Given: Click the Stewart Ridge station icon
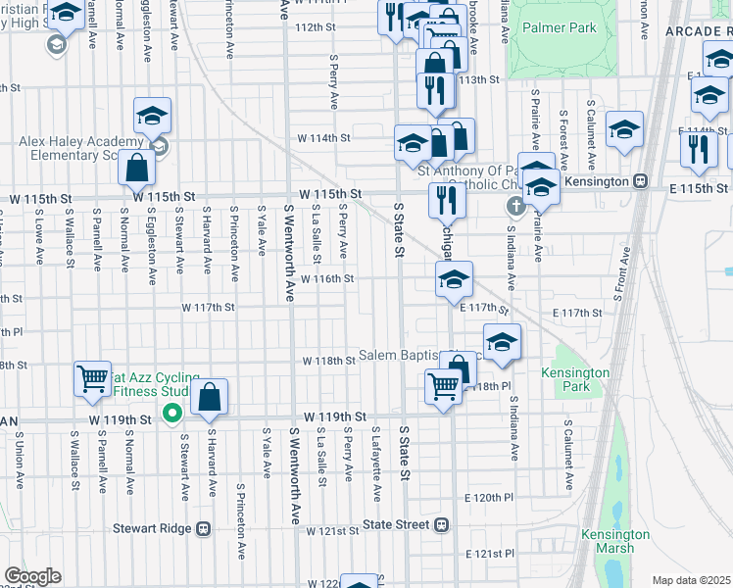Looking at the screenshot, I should [205, 527].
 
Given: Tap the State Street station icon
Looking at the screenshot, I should [442, 525].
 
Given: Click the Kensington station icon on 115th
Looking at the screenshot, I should [641, 181].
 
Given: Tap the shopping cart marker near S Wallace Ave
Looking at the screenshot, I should [92, 378].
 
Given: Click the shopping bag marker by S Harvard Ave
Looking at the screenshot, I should [210, 397].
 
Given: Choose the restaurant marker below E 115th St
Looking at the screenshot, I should [447, 200].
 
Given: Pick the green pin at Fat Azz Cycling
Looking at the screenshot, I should [172, 415].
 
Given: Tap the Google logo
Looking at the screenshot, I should [32, 576].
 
